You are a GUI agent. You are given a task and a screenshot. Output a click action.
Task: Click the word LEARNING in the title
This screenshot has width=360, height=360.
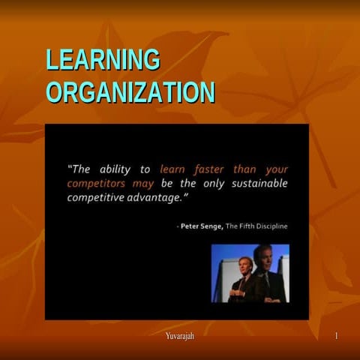coord(103,60)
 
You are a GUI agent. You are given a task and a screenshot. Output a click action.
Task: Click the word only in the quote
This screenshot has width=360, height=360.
coord(217,183)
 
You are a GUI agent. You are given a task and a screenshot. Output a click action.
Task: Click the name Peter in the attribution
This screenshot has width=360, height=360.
coord(193,226)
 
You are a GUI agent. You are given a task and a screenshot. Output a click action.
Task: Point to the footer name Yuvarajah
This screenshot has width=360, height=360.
coord(180,334)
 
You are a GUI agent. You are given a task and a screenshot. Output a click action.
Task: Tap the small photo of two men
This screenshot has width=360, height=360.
coord(250,273)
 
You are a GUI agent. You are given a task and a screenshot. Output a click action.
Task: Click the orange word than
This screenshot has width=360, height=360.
coord(245,169)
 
